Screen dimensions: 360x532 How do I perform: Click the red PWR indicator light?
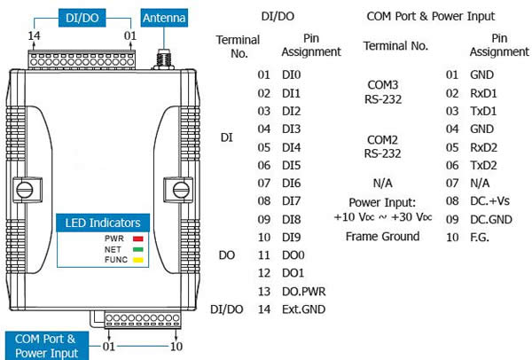(137, 239)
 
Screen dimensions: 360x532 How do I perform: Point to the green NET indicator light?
(137, 250)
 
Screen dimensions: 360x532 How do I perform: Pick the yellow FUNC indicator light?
(137, 262)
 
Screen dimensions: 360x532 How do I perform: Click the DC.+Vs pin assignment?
(494, 201)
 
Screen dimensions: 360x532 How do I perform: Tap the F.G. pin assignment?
(480, 237)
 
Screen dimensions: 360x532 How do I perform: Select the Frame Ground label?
(381, 237)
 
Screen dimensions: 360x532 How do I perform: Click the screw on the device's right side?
(181, 189)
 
